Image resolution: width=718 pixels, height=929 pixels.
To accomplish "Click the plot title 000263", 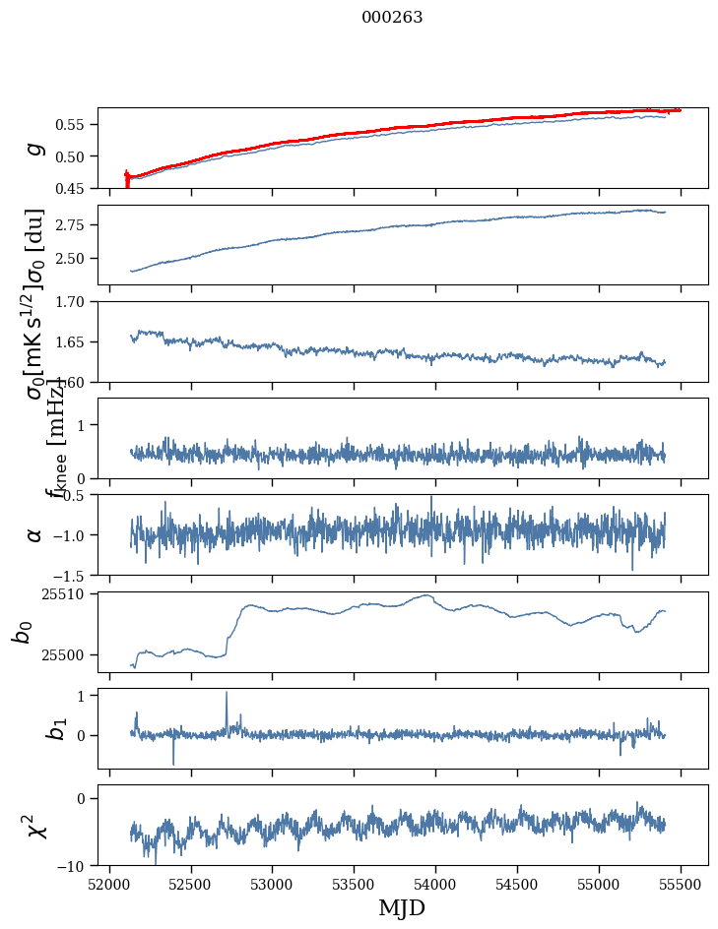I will point(392,18).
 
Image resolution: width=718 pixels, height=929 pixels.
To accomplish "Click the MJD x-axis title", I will point(402,908).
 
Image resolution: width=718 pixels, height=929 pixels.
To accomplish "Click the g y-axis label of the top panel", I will point(35,148).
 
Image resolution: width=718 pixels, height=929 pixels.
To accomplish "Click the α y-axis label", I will point(35,534).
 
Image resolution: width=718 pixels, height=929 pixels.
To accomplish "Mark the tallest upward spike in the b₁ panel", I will point(227,693).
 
